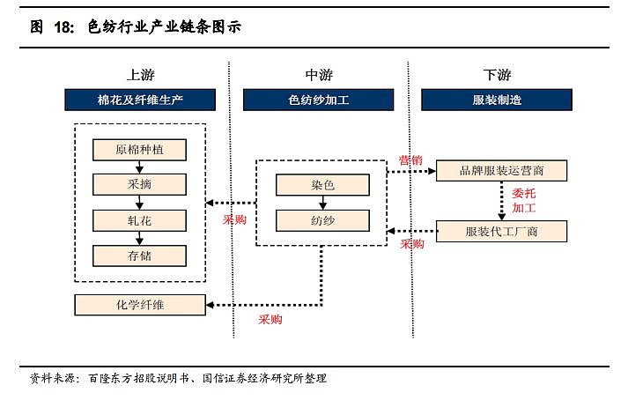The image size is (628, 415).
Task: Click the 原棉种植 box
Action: coord(140,149)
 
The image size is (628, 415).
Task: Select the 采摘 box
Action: coord(140,184)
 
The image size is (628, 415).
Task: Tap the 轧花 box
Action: coord(140,220)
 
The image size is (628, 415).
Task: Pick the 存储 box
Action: coord(140,256)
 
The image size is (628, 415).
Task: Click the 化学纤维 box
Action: coord(140,305)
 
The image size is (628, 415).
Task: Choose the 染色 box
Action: coord(321,185)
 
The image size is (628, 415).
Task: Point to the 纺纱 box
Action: coord(321,220)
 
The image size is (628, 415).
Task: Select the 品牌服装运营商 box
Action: coord(501,170)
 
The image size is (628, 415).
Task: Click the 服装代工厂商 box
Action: coord(501,232)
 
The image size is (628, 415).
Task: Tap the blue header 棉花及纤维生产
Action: coord(139,100)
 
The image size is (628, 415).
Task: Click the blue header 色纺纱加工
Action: coord(319,100)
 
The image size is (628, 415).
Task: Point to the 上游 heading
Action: coord(139,75)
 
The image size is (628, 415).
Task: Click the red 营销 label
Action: coord(410,160)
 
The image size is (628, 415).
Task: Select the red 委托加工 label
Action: coord(524,201)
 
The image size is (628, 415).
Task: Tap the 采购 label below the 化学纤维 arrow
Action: coord(270,320)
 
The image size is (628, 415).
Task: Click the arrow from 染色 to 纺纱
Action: coord(321,203)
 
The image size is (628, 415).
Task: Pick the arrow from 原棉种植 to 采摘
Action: coord(140,167)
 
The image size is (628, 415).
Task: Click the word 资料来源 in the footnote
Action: coord(52,378)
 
